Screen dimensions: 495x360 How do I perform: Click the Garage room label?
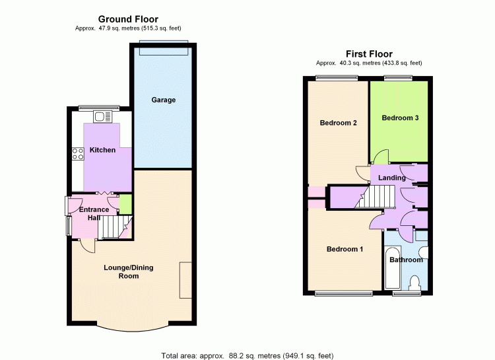click(x=163, y=100)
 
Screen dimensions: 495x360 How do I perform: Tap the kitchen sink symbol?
click(x=102, y=117)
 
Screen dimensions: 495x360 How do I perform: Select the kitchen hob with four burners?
click(x=78, y=154)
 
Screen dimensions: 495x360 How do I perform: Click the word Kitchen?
click(x=102, y=150)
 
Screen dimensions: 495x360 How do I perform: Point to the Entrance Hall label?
click(x=94, y=213)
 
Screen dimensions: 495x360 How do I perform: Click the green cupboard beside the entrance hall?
click(x=125, y=204)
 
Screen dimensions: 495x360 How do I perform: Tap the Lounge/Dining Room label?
click(x=129, y=272)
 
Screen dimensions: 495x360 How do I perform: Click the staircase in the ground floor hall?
click(x=115, y=227)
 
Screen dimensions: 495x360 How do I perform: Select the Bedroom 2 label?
click(x=338, y=123)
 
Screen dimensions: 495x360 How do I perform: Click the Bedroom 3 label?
click(x=400, y=118)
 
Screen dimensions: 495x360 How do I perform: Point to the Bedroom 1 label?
click(x=345, y=249)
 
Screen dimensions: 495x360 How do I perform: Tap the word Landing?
click(x=392, y=178)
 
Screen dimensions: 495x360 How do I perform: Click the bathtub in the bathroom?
click(x=393, y=268)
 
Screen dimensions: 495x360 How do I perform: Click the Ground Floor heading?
click(x=128, y=19)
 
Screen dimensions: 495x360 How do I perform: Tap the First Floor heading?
click(x=369, y=54)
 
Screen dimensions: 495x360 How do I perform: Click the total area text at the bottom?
click(x=247, y=356)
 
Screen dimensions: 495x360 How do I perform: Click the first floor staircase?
click(x=375, y=197)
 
